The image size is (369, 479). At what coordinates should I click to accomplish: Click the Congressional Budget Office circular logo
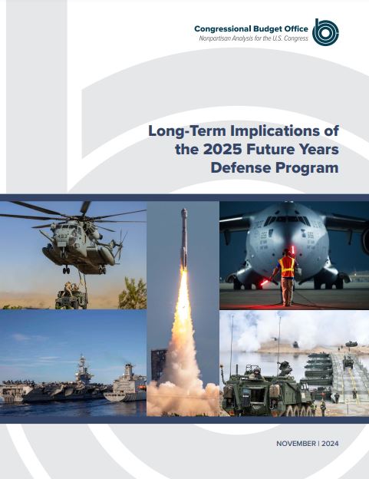(325, 32)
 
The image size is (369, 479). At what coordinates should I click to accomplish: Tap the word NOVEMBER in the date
(296, 444)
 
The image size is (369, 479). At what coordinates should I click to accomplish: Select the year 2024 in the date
(330, 444)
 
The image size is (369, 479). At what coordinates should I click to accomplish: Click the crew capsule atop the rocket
(184, 213)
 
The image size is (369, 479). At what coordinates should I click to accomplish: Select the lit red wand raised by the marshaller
(293, 251)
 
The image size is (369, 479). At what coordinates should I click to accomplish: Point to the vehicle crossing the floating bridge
(348, 362)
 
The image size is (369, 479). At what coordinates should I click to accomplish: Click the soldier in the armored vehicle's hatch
(255, 373)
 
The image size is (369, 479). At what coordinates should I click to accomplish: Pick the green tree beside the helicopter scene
(133, 293)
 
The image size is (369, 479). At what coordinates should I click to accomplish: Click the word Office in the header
(296, 29)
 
